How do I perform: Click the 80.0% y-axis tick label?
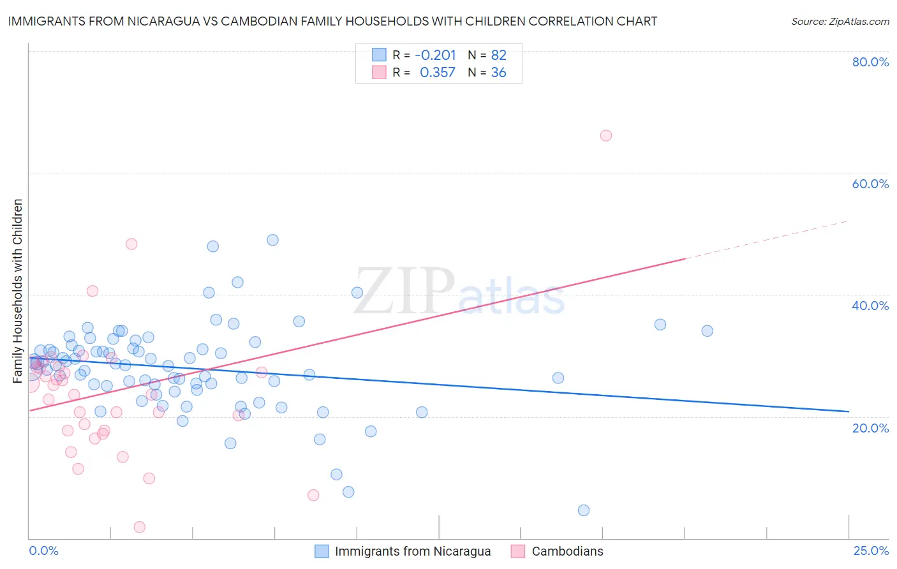870,62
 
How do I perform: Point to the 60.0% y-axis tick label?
870,184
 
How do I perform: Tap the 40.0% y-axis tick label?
870,306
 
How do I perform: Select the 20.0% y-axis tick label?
870,428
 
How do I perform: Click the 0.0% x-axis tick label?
43,551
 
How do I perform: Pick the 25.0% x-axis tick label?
871,551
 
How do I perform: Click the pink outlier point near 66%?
606,135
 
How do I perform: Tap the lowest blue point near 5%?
584,510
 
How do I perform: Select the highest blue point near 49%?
272,240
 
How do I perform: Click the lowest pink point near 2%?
140,527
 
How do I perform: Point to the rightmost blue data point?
707,330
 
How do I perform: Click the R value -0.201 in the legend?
435,55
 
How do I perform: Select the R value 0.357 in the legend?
438,73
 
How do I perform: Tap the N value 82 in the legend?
498,55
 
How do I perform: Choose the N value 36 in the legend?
498,73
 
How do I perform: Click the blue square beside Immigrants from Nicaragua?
322,551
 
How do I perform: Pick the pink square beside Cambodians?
518,551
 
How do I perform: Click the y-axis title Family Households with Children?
17,291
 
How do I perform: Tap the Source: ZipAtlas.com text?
840,22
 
